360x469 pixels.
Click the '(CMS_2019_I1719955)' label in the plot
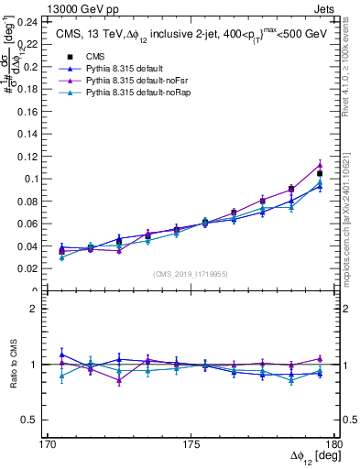(x=191, y=273)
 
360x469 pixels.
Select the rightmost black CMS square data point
(x=320, y=173)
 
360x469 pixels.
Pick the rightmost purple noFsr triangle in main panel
(x=320, y=165)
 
